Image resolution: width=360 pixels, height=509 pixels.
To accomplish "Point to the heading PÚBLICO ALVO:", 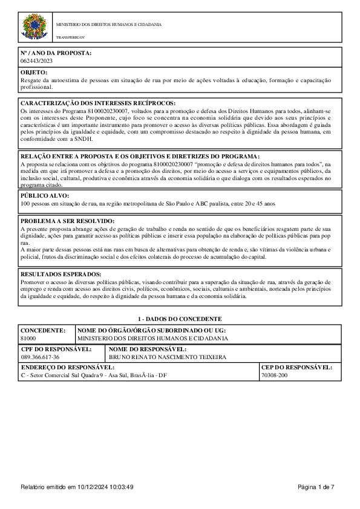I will click(x=45, y=196).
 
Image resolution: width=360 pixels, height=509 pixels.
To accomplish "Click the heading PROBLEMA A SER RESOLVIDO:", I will click(x=67, y=222).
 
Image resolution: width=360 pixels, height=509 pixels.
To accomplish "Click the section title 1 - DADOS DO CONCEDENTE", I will click(x=180, y=319).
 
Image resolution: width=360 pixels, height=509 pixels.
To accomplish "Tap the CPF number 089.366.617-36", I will click(x=41, y=357).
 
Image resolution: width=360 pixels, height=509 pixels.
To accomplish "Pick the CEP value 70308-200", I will click(x=274, y=375).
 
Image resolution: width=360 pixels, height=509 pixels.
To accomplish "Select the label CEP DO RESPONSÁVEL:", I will click(x=296, y=367).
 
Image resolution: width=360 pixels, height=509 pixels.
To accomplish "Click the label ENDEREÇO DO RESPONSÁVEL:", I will click(x=68, y=367).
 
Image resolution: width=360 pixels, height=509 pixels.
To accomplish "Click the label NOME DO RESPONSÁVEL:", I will click(x=148, y=349).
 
